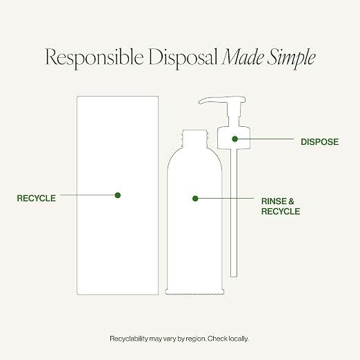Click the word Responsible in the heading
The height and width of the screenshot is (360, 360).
tap(94, 58)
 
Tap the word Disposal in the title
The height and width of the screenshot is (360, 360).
tap(183, 58)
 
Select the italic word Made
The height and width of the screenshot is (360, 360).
tap(243, 57)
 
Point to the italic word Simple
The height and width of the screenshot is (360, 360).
tap(291, 59)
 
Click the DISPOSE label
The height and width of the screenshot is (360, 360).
tap(319, 142)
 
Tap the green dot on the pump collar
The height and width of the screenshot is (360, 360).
tap(234, 139)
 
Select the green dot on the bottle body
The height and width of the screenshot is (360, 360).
tap(195, 199)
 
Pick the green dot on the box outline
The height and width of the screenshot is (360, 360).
tap(118, 195)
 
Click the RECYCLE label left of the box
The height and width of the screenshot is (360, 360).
tap(37, 198)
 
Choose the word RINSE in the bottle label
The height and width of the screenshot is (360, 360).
tap(273, 201)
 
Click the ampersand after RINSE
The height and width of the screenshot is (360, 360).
tap(291, 201)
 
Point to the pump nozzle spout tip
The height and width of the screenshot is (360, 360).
tap(199, 101)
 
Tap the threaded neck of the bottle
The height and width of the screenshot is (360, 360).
tap(194, 139)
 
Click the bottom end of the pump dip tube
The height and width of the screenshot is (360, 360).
tap(234, 276)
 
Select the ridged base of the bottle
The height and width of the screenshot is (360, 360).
tap(194, 292)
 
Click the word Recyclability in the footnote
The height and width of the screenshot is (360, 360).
tap(129, 339)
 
